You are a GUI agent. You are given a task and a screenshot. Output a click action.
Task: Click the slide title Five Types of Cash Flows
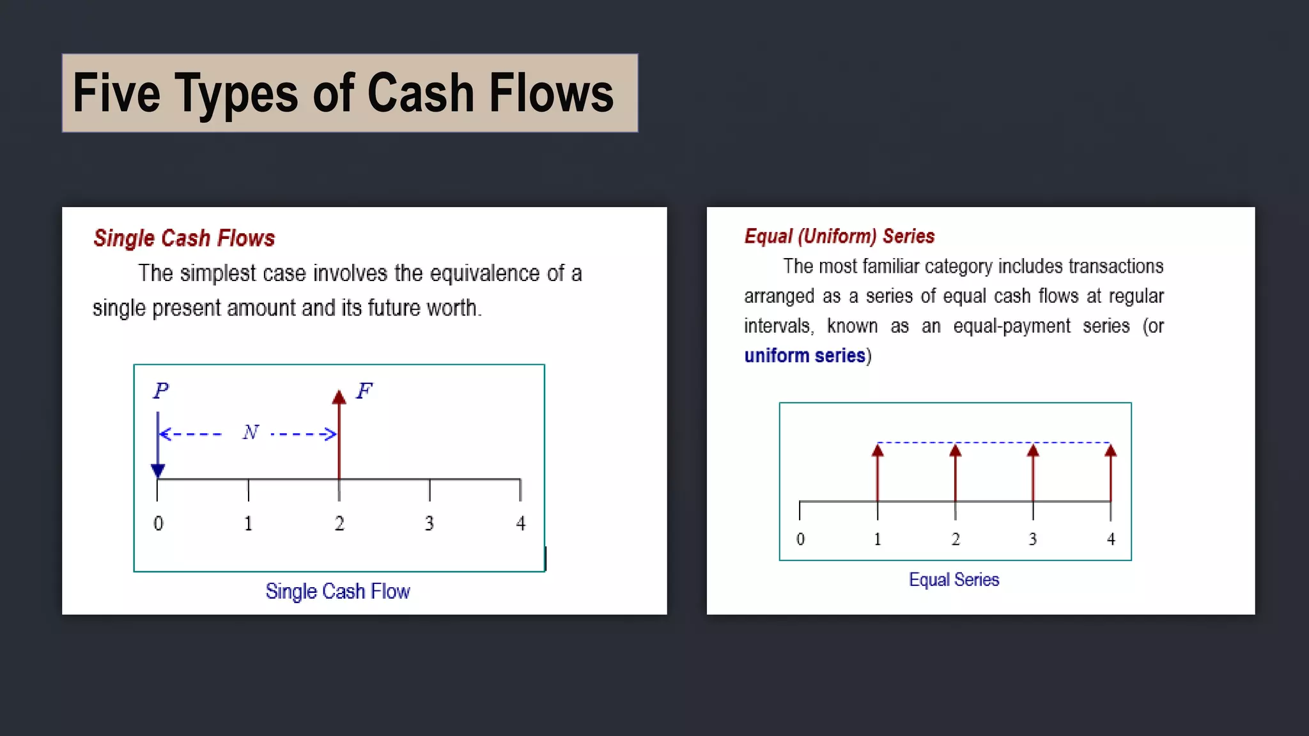343,93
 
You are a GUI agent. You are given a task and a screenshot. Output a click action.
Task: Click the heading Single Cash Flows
184,238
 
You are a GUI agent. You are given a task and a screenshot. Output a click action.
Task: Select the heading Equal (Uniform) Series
839,236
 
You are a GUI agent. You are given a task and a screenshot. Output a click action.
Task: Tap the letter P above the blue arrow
161,390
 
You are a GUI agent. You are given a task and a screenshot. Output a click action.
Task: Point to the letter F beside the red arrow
364,390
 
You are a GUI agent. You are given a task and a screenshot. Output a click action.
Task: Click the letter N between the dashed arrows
251,433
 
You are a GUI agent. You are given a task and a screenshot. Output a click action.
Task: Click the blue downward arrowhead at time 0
158,470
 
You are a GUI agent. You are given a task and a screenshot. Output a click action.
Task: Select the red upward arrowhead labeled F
339,397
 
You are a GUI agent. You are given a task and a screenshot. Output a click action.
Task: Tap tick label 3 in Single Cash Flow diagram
430,524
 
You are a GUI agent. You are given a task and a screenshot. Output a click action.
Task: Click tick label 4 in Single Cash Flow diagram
521,524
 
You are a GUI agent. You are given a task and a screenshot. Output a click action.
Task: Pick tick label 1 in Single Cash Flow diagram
248,524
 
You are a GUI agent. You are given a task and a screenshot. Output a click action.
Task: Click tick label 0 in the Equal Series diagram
800,539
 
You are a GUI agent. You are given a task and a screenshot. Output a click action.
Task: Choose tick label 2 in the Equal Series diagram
956,539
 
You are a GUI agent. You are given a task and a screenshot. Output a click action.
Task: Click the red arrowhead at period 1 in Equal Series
878,450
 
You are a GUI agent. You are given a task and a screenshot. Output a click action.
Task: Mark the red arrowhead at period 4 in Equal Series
1111,450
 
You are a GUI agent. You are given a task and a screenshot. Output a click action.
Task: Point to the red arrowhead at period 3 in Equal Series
1033,450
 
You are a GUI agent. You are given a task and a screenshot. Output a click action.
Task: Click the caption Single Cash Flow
337,592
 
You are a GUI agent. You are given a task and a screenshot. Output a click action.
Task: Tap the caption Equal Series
954,579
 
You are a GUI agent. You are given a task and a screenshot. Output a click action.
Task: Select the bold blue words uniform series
805,355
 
